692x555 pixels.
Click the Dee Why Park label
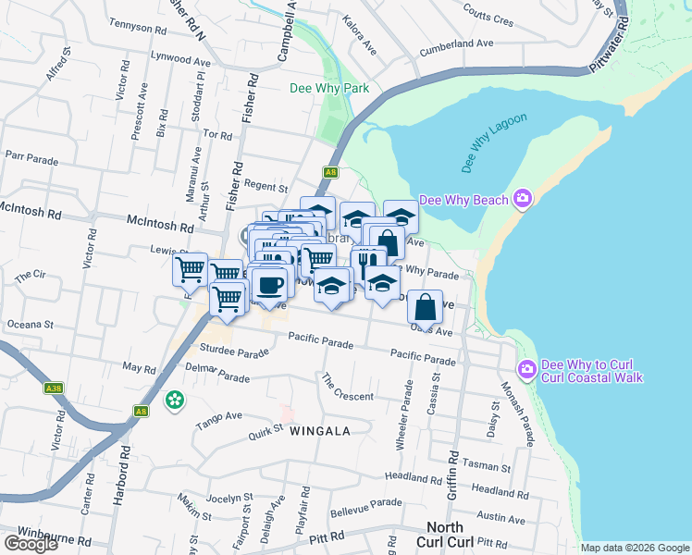pyautogui.click(x=329, y=89)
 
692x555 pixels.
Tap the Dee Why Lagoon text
pyautogui.click(x=494, y=142)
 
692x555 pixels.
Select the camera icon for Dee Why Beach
pyautogui.click(x=523, y=199)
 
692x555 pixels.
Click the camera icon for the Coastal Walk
pyautogui.click(x=527, y=369)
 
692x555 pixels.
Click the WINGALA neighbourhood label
pyautogui.click(x=319, y=431)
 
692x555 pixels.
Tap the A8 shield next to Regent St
pyautogui.click(x=330, y=172)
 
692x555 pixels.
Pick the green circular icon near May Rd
pyautogui.click(x=174, y=401)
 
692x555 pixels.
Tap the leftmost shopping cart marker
pyautogui.click(x=190, y=269)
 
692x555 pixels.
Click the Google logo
pyautogui.click(x=31, y=544)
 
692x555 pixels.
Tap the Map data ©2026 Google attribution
pyautogui.click(x=635, y=548)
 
